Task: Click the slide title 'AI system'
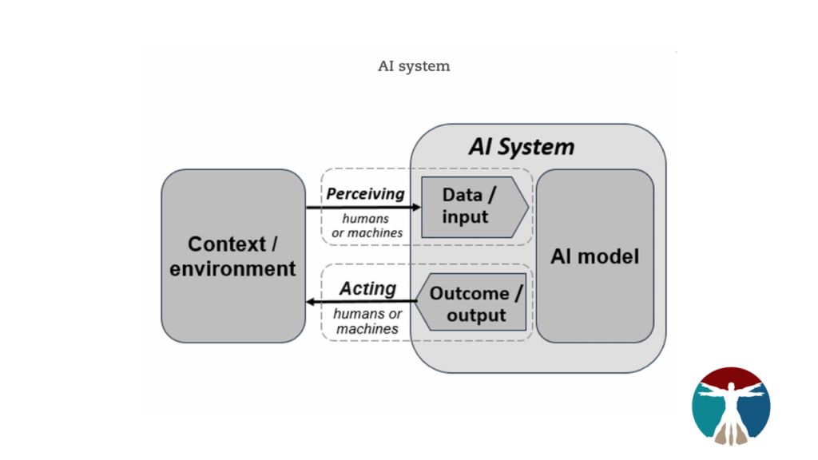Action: pyautogui.click(x=414, y=66)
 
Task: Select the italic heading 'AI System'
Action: pyautogui.click(x=521, y=147)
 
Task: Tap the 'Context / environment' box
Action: pyautogui.click(x=232, y=256)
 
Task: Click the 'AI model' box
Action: pyautogui.click(x=594, y=256)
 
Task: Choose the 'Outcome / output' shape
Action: pyautogui.click(x=473, y=304)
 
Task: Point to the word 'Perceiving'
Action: pyautogui.click(x=365, y=194)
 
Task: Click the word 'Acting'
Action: pyautogui.click(x=367, y=288)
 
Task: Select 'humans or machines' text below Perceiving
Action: pyautogui.click(x=367, y=225)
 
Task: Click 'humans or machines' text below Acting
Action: pyautogui.click(x=367, y=321)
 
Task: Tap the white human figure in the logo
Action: pyautogui.click(x=731, y=403)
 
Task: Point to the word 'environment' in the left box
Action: pyautogui.click(x=232, y=269)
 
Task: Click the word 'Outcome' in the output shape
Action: pyautogui.click(x=470, y=293)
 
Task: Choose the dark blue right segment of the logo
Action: pyautogui.click(x=758, y=409)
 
